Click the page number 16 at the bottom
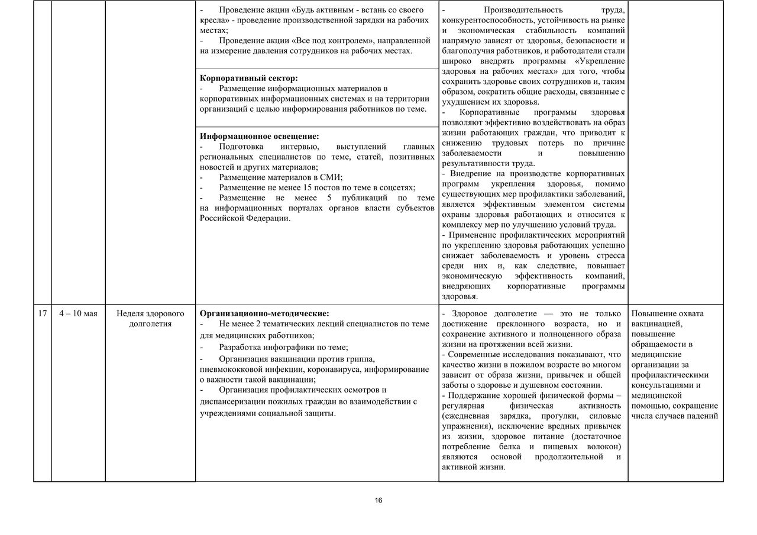click(378, 501)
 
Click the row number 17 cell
click(42, 313)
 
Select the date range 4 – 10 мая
click(78, 313)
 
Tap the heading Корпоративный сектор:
click(249, 78)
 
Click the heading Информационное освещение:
click(260, 136)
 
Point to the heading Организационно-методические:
click(264, 313)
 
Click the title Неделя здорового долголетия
click(150, 318)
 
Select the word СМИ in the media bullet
click(331, 177)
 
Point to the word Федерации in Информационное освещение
click(272, 218)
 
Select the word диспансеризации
click(233, 401)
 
